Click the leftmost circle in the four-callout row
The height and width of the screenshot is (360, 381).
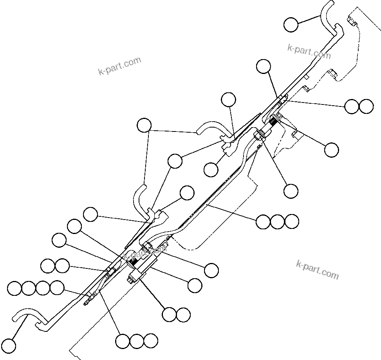(14, 289)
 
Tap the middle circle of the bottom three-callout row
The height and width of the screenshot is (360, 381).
(137, 341)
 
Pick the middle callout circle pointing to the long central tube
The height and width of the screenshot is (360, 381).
(277, 221)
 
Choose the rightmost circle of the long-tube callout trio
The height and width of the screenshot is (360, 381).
(292, 221)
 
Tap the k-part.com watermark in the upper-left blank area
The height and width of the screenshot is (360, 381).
(119, 66)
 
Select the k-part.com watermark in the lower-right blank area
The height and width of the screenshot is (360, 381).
(317, 270)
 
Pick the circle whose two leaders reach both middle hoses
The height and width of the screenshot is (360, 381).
(144, 125)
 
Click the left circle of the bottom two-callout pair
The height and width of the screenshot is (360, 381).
(169, 314)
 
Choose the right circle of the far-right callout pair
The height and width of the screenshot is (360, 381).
(366, 106)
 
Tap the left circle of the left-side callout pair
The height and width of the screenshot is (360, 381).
(48, 266)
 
